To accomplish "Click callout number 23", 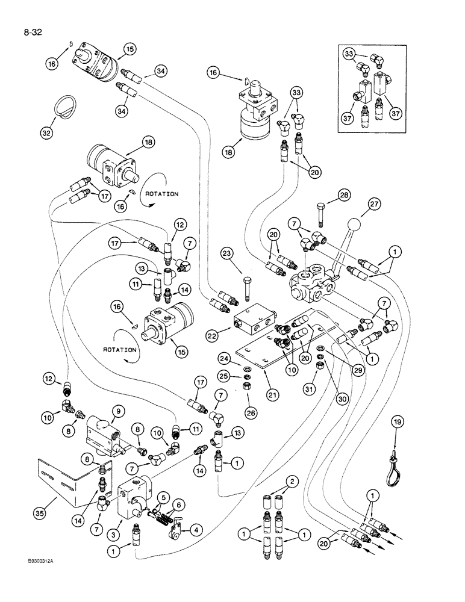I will (242, 254).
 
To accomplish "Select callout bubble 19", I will (397, 423).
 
